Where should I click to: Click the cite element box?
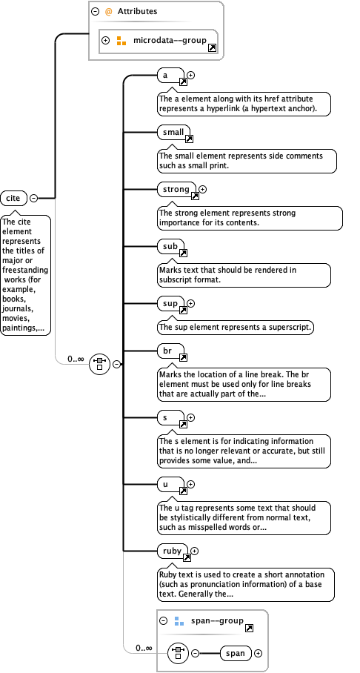coord(13,198)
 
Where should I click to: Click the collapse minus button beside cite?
coord(33,198)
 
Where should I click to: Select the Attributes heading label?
coord(137,11)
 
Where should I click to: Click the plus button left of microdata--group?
coord(106,40)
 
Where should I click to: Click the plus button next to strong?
coord(203,190)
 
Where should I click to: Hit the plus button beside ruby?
coord(195,551)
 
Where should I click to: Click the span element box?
coord(236,653)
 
